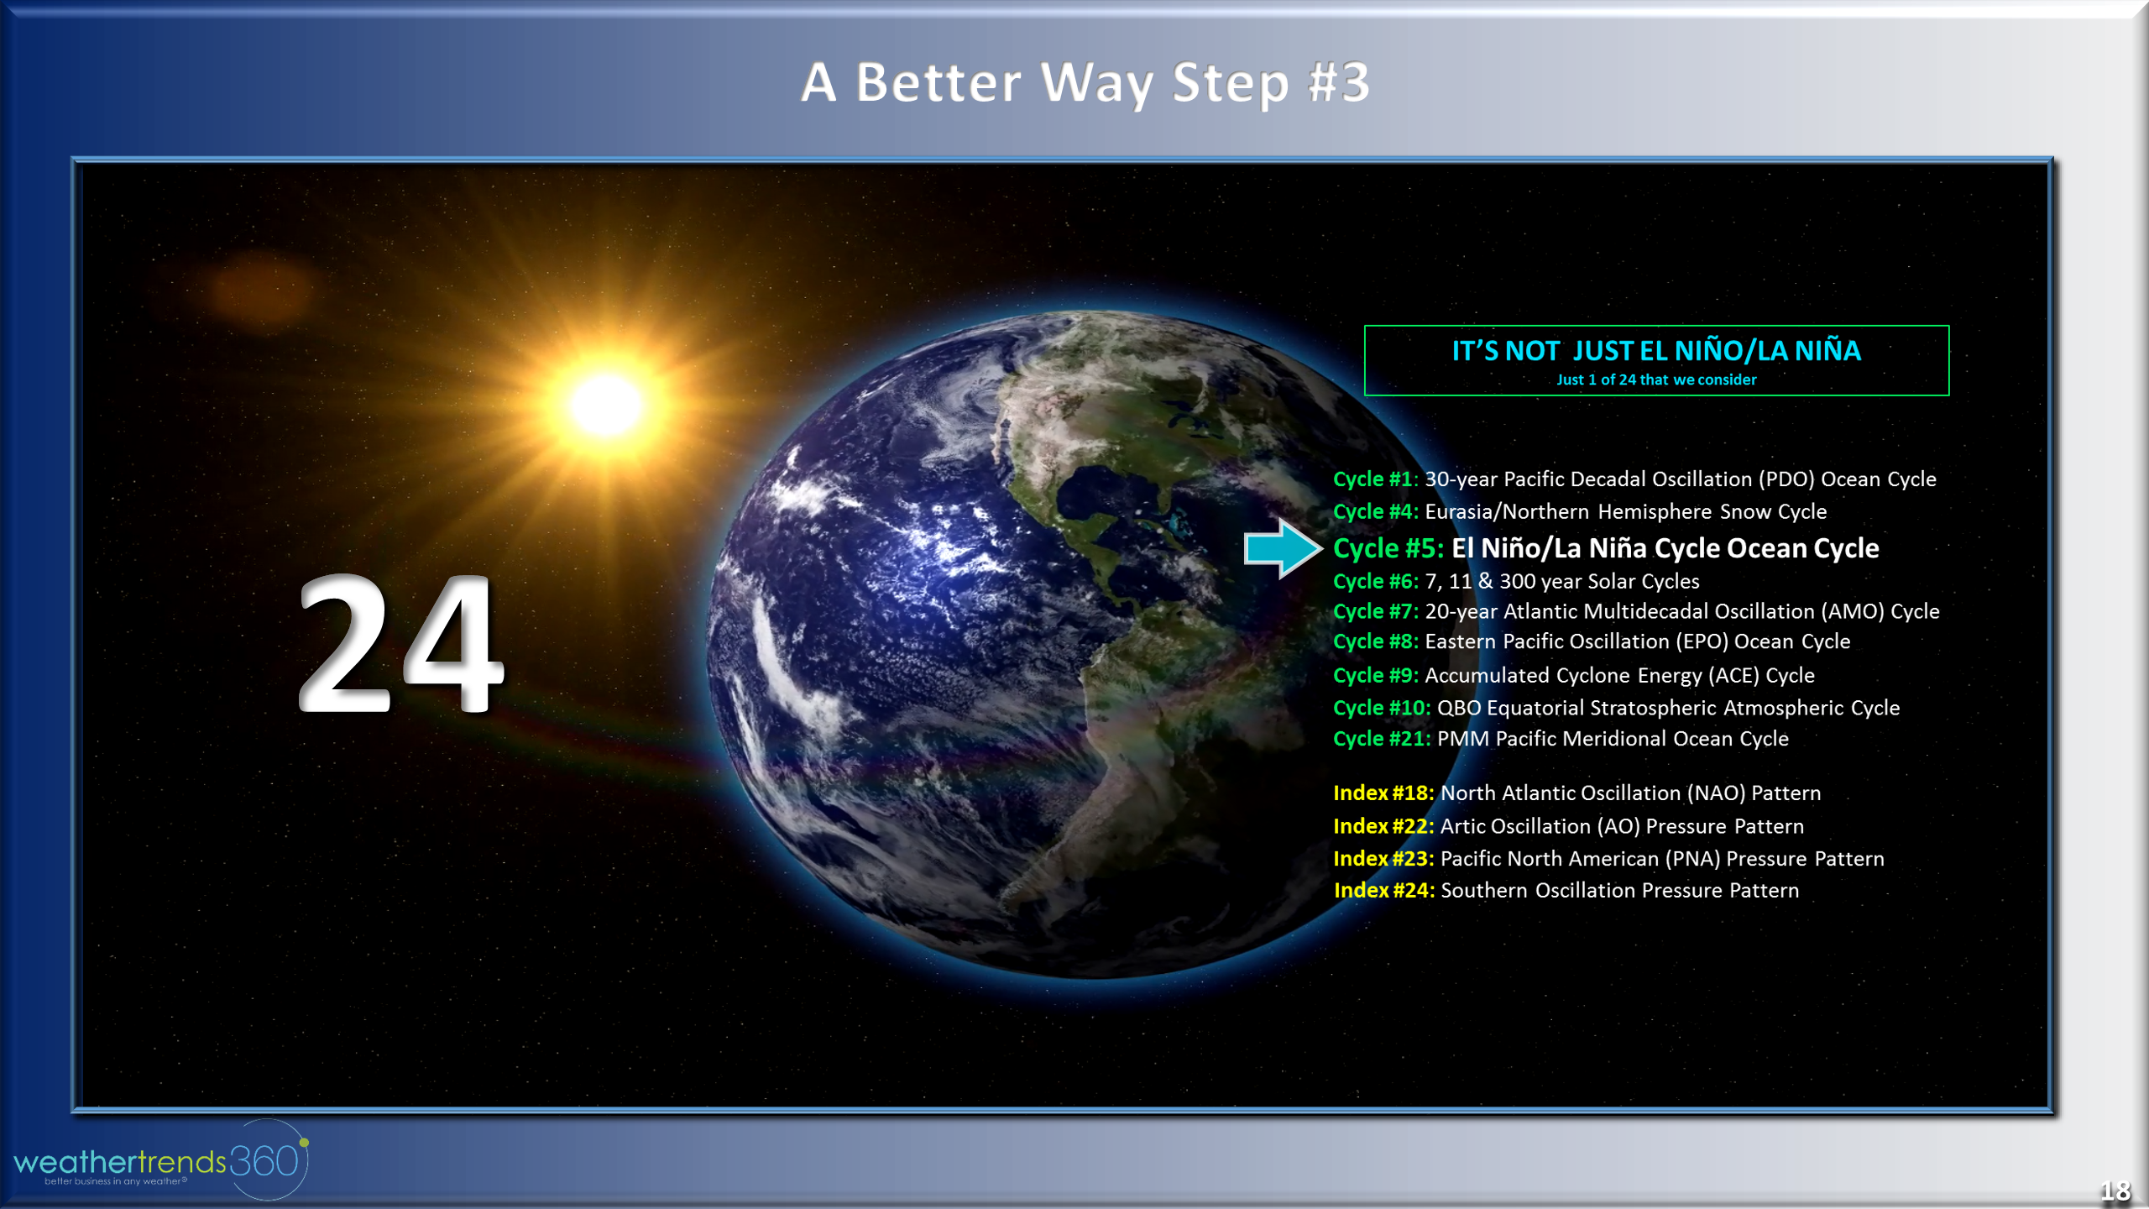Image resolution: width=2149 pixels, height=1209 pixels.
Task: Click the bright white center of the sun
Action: point(607,406)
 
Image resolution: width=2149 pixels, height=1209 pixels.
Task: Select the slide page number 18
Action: point(2115,1191)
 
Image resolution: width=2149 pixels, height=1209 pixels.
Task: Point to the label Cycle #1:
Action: point(1375,479)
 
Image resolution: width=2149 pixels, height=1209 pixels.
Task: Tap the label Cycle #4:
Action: point(1375,512)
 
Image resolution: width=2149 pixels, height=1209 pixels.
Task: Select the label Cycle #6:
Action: point(1375,582)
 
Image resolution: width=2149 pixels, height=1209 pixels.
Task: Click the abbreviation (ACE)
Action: point(1733,676)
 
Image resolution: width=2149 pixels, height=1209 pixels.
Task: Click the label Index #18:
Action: point(1383,793)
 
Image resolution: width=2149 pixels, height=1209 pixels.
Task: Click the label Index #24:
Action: point(1384,891)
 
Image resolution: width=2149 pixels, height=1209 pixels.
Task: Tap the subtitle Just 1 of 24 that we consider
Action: point(1655,380)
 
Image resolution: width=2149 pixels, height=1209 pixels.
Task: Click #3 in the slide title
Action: point(1338,83)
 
